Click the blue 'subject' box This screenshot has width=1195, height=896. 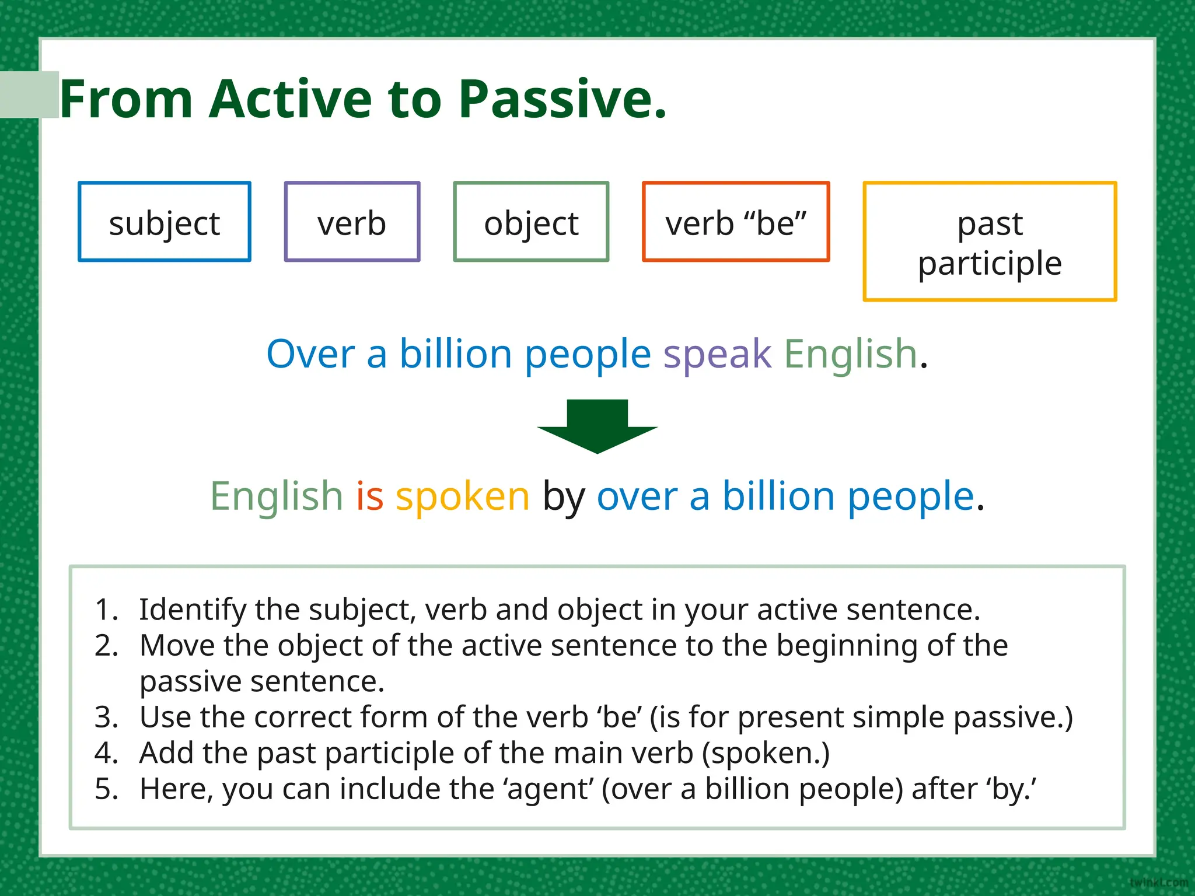(x=165, y=222)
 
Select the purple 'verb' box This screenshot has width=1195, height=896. (x=352, y=222)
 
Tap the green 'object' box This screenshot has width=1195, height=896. (x=531, y=222)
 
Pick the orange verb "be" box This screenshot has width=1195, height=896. (x=736, y=222)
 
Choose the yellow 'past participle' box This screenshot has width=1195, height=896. (x=990, y=242)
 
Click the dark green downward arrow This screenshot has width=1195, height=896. (x=597, y=426)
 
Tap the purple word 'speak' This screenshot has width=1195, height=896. (x=717, y=354)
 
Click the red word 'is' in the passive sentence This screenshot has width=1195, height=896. (x=370, y=496)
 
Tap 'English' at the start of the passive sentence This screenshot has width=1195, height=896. (x=277, y=496)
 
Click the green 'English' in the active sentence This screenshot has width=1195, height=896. (x=851, y=354)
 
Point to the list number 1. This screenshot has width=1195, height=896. (x=105, y=610)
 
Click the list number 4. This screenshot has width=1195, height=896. (x=106, y=753)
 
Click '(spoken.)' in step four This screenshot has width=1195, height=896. (x=766, y=754)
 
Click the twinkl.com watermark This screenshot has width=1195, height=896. (x=1158, y=883)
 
